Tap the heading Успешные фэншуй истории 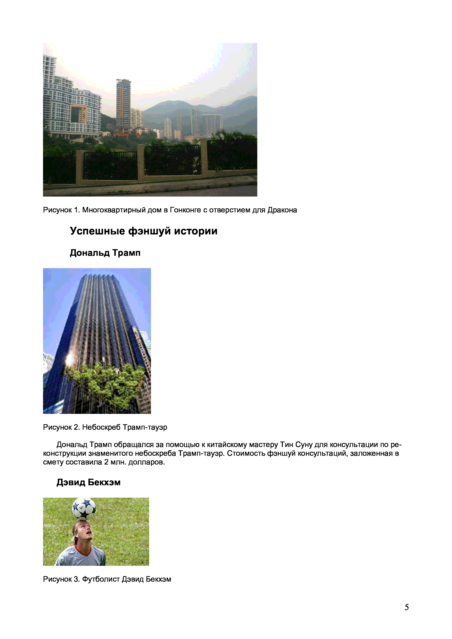pos(143,231)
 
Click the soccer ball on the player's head pos(84,508)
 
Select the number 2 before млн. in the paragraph pos(106,462)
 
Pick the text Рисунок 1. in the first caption pos(62,210)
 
